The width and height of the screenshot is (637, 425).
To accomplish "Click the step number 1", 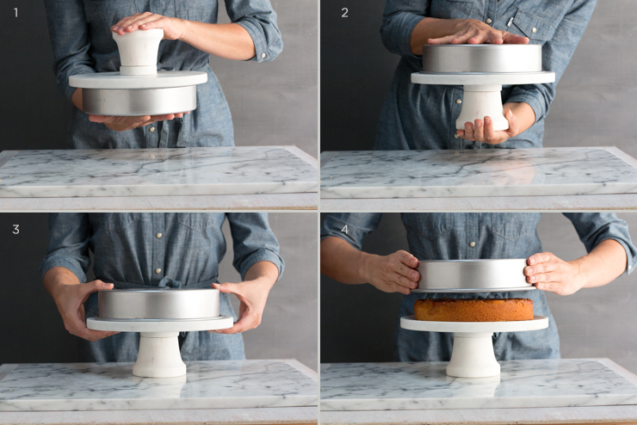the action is (x=15, y=13).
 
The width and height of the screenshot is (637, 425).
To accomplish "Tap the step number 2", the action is (x=344, y=13).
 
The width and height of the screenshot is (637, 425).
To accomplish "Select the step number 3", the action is (x=15, y=230).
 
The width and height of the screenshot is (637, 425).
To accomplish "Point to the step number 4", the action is (x=344, y=230).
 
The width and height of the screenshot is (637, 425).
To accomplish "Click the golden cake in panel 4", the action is (x=473, y=310).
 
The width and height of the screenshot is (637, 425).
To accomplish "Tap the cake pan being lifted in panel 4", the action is (x=473, y=275).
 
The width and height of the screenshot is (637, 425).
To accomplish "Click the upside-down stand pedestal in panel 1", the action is (x=138, y=52).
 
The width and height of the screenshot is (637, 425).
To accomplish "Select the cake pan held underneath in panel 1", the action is (x=139, y=101).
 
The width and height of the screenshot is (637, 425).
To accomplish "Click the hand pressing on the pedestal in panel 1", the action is (x=149, y=25).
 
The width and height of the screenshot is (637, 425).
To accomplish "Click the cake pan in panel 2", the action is (x=482, y=59).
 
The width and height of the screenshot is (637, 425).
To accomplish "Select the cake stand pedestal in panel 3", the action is (x=159, y=354).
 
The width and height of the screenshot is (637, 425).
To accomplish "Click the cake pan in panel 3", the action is (x=159, y=304).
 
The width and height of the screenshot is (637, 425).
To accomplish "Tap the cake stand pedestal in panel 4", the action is (x=473, y=354).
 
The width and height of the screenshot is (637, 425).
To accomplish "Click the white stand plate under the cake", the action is (x=474, y=324).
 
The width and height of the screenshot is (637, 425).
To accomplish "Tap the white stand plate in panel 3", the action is (x=160, y=324).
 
